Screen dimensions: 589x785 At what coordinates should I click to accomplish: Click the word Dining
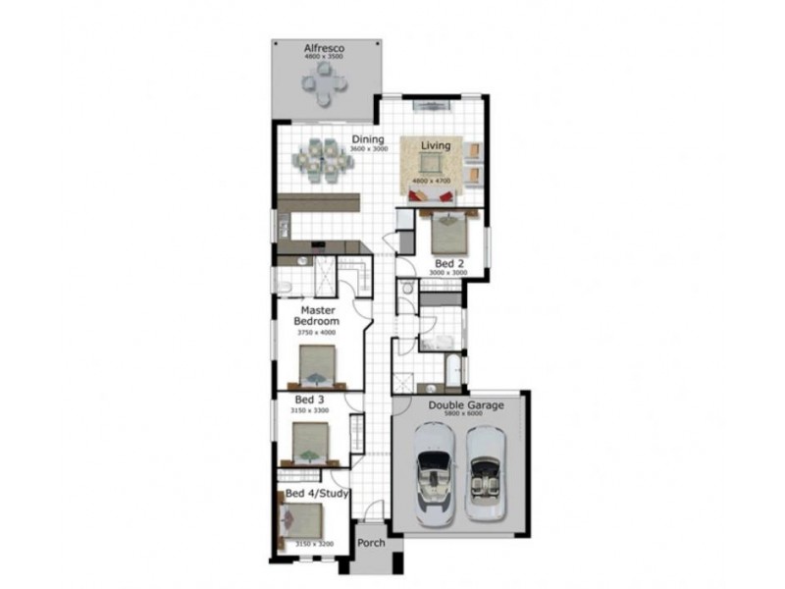(368, 139)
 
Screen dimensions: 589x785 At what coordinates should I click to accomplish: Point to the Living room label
(436, 146)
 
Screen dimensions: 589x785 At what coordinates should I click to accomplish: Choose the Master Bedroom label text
(318, 316)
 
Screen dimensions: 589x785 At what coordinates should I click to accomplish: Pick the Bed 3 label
(309, 401)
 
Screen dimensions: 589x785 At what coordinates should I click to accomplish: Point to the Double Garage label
(460, 403)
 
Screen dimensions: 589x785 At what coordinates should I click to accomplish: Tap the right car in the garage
(484, 475)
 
